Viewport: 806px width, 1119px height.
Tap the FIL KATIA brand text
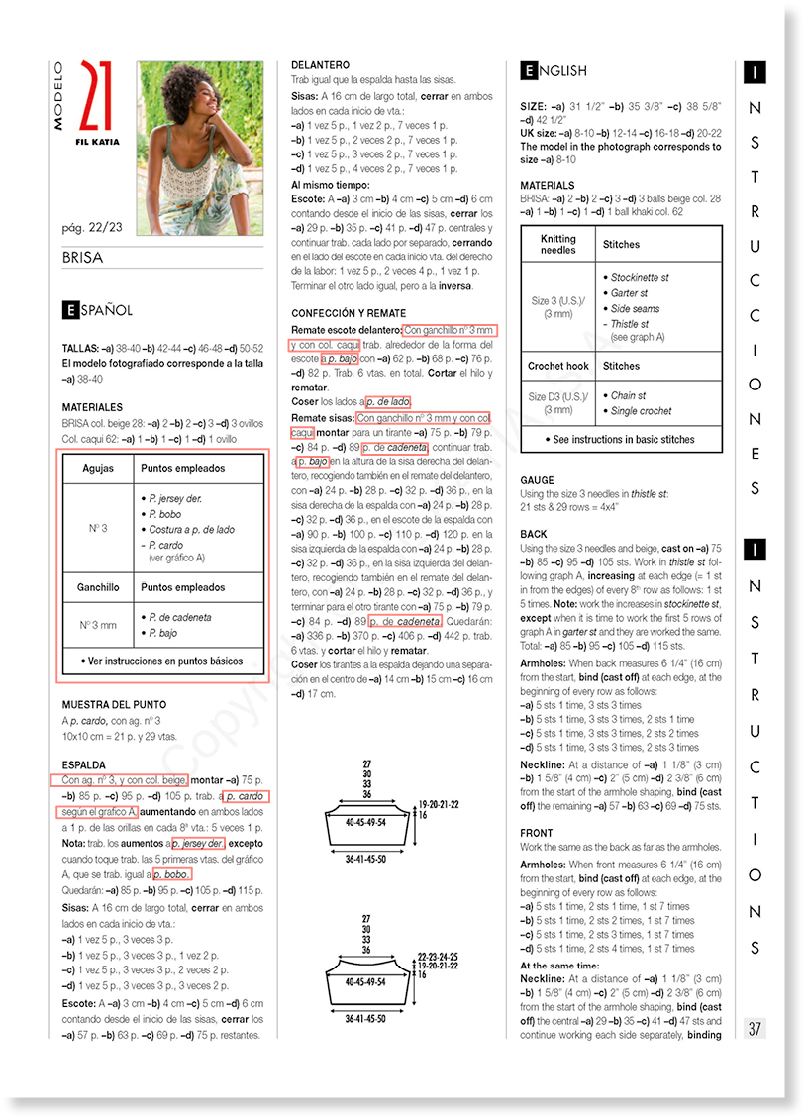[97, 142]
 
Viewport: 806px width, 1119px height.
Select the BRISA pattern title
[82, 259]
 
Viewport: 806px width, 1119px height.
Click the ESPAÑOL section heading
[97, 310]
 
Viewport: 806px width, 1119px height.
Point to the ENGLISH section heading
[554, 71]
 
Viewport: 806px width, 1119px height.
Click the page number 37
[755, 1028]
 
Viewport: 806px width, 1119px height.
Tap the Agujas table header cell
[98, 468]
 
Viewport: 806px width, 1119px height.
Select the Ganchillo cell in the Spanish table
[98, 587]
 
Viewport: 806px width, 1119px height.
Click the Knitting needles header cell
[557, 244]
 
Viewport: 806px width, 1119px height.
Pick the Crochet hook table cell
[557, 366]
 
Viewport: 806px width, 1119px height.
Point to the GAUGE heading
[538, 480]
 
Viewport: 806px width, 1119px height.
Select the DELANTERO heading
[320, 65]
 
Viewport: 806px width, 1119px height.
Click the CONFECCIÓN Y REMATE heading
[349, 314]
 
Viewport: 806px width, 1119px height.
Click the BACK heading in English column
[534, 534]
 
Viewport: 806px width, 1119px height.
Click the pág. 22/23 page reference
[94, 228]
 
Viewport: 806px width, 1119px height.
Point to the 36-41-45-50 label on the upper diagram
[366, 858]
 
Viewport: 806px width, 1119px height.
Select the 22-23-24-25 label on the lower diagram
[438, 957]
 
